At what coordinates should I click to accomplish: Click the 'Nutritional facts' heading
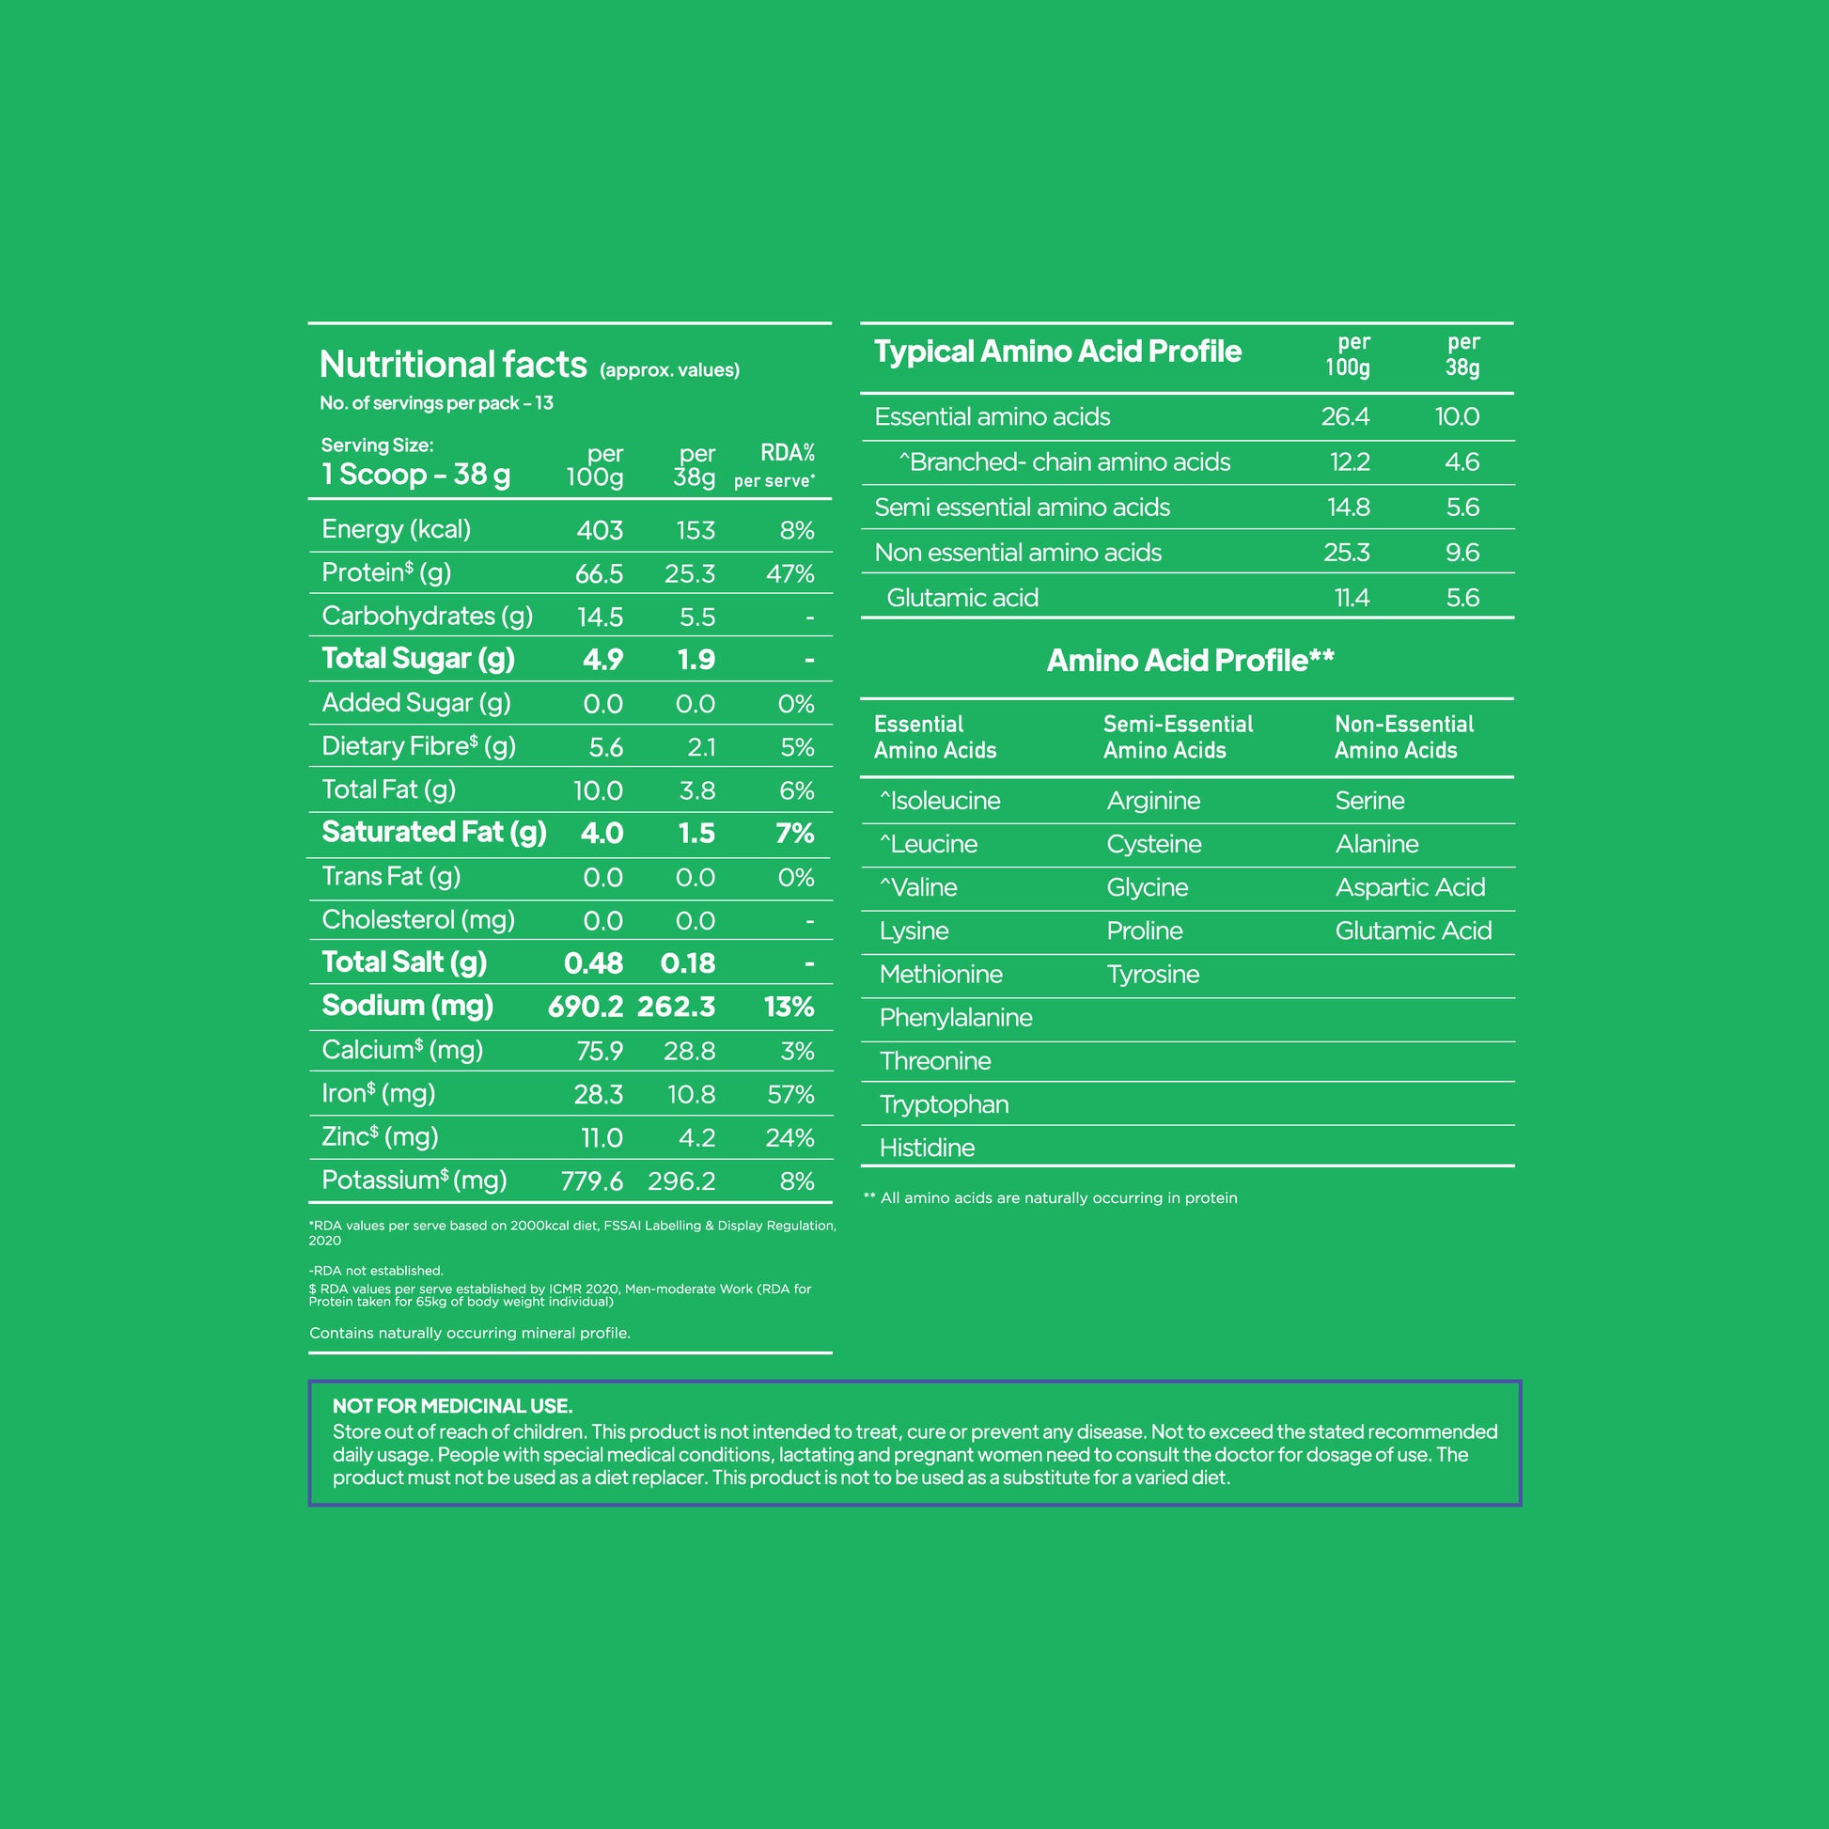452,365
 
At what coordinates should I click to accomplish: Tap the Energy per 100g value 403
600,530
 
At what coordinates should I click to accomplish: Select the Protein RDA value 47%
789,573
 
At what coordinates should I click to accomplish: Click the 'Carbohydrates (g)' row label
427,617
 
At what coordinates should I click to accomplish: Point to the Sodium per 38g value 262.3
676,1007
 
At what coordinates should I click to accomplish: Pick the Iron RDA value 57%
789,1094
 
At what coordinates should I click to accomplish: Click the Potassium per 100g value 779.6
592,1180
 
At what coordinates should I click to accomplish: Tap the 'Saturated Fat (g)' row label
433,832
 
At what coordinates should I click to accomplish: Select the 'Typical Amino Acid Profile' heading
1056,352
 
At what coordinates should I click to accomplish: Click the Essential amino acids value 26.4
1344,416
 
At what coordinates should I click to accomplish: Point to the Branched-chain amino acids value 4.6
1462,462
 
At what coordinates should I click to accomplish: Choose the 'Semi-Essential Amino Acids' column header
1177,737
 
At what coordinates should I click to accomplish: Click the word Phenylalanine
955,1018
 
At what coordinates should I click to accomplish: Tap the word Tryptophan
943,1104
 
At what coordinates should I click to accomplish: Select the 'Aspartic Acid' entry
1410,887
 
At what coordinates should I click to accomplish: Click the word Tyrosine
1152,974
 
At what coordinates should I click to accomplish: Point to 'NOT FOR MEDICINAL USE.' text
451,1406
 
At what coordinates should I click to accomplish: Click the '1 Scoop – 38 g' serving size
414,475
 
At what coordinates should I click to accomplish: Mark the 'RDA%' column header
787,452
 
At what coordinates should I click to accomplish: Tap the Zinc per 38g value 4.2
696,1138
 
